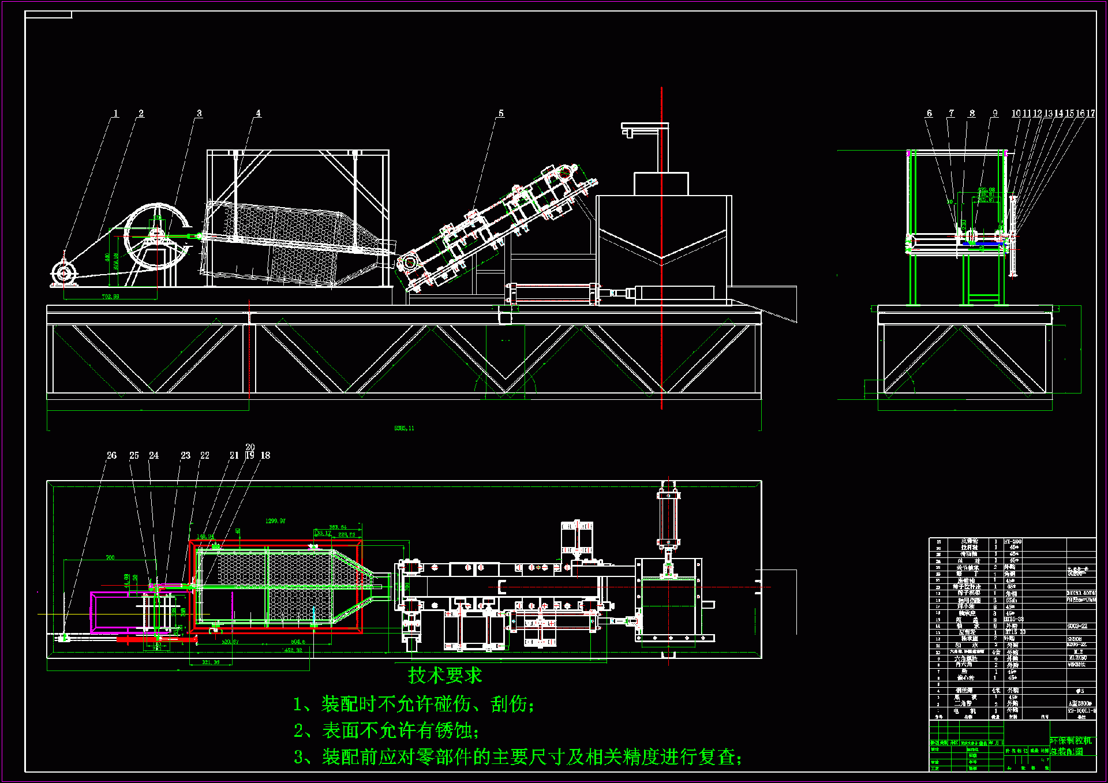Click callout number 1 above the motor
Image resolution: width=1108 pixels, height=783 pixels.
point(115,114)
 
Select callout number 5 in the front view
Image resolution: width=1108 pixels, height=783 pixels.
point(501,114)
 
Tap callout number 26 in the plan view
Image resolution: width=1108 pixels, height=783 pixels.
point(111,455)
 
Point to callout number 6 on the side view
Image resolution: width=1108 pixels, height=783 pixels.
point(929,114)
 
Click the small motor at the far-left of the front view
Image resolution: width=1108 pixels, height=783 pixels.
point(62,272)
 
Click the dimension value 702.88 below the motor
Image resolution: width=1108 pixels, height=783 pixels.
point(110,297)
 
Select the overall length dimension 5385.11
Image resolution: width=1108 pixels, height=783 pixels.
point(404,428)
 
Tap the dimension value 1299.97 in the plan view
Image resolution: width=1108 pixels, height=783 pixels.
point(275,521)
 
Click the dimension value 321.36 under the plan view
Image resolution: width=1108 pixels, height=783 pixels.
point(211,662)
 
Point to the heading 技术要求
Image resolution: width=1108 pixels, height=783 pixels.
point(444,675)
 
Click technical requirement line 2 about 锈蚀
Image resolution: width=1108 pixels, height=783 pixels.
point(386,730)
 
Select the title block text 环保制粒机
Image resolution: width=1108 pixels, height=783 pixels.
point(1070,740)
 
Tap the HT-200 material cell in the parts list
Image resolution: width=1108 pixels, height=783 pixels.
point(1013,541)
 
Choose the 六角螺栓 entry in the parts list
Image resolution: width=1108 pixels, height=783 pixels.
point(965,658)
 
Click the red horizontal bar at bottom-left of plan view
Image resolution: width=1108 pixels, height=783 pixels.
point(156,639)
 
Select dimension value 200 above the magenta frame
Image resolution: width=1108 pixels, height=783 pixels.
point(110,557)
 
